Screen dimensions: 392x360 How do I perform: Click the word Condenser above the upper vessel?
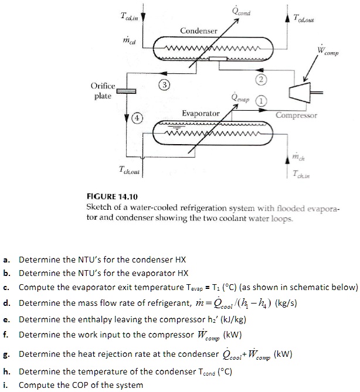199,30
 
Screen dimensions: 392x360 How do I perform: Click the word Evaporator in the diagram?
201,113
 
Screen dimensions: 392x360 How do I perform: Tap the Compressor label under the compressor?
297,115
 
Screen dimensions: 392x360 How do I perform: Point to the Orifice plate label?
103,91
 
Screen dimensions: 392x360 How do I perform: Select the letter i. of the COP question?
5,385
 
